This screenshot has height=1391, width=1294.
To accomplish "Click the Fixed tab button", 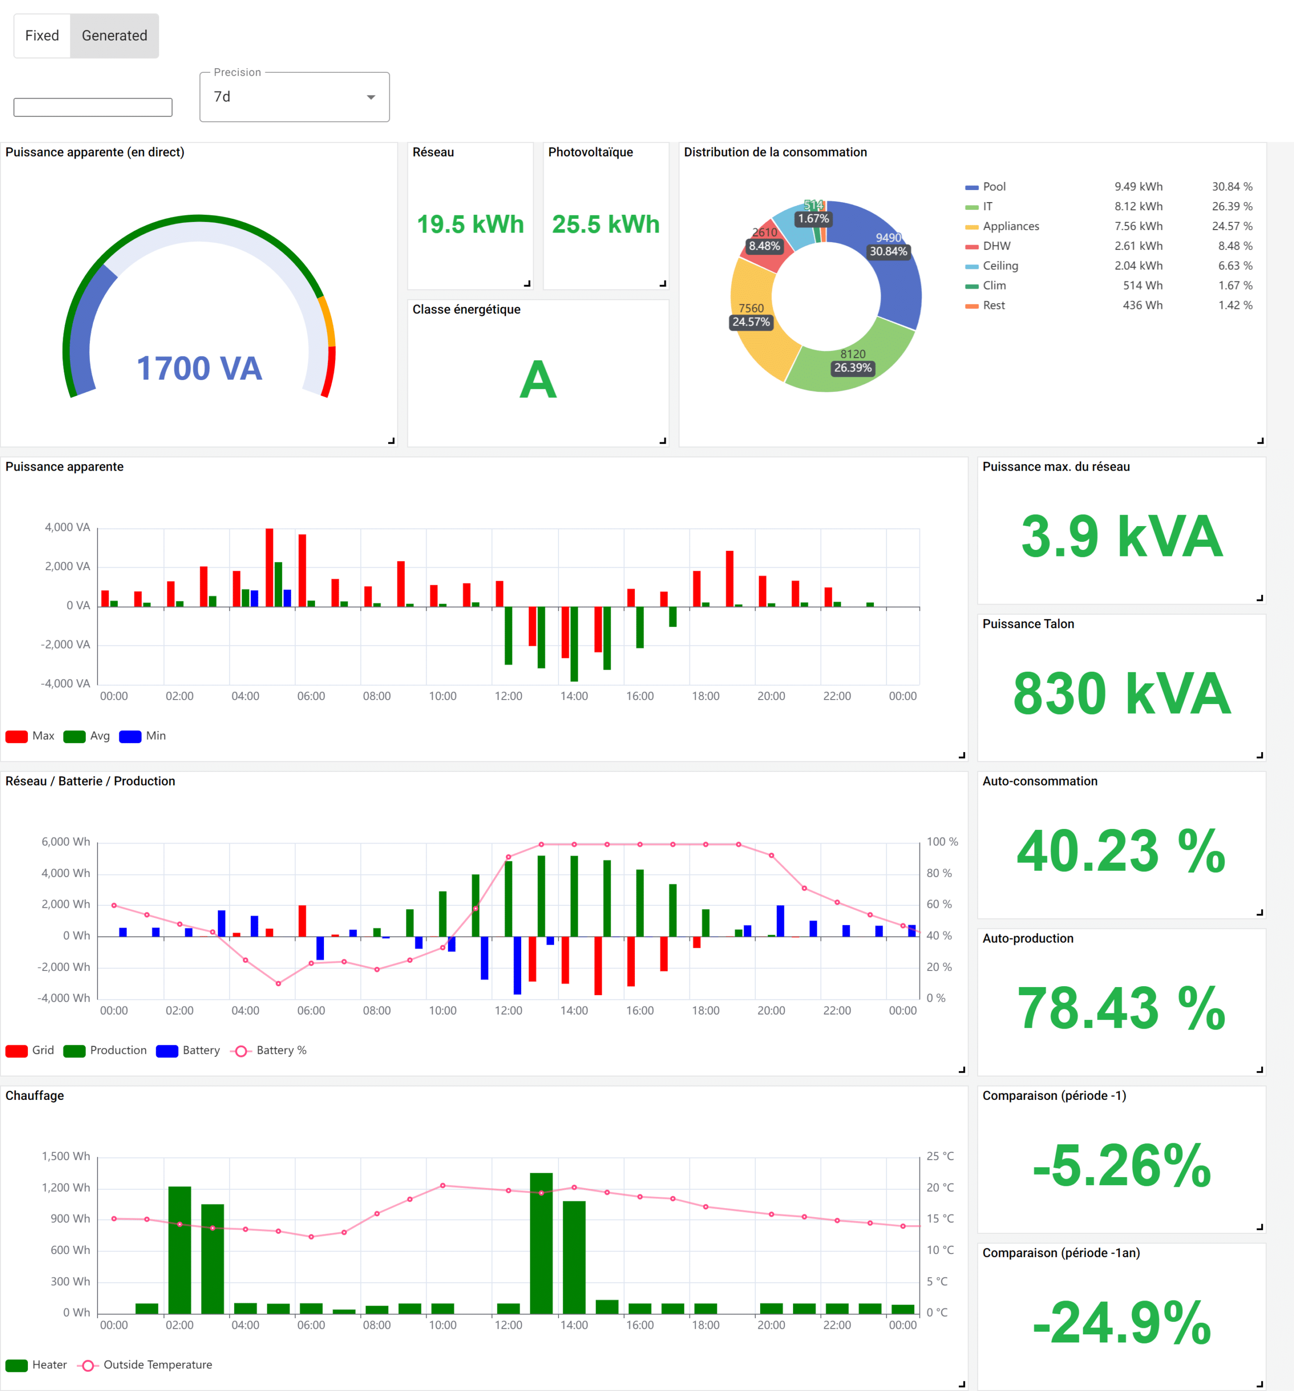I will [x=42, y=36].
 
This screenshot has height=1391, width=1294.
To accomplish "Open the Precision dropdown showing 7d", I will [x=294, y=97].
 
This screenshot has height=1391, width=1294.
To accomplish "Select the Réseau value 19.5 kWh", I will [x=470, y=224].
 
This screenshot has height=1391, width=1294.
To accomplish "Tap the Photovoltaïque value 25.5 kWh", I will [x=606, y=224].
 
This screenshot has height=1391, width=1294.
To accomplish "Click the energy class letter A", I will [x=537, y=380].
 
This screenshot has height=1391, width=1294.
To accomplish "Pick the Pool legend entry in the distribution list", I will [x=993, y=187].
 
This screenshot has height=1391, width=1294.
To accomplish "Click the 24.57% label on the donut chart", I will [x=751, y=322].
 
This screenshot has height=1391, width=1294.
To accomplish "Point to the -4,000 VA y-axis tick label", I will [x=65, y=683].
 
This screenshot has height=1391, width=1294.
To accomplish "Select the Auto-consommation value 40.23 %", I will [x=1121, y=852].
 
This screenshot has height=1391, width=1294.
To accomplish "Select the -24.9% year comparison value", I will [x=1121, y=1323].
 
